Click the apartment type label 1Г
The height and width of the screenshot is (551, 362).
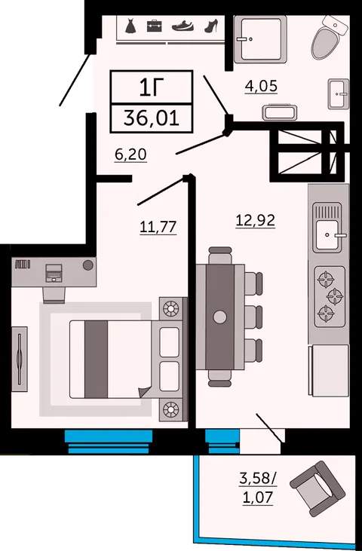pyautogui.click(x=152, y=87)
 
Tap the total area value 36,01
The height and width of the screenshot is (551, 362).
pyautogui.click(x=152, y=118)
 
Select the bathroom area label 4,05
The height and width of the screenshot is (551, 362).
pyautogui.click(x=261, y=86)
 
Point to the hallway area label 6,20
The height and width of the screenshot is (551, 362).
pyautogui.click(x=130, y=155)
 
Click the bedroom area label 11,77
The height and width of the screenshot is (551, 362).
pyautogui.click(x=158, y=227)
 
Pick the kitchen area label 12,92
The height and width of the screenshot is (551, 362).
pyautogui.click(x=256, y=221)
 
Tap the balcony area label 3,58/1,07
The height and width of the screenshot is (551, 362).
pyautogui.click(x=258, y=488)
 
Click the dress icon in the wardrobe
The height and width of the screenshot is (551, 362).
pyautogui.click(x=130, y=26)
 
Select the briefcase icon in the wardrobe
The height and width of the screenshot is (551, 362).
pyautogui.click(x=155, y=26)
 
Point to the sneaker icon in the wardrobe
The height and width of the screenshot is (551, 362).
pyautogui.click(x=183, y=26)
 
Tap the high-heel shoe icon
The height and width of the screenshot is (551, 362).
pyautogui.click(x=211, y=26)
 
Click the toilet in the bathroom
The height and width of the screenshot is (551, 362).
pyautogui.click(x=330, y=37)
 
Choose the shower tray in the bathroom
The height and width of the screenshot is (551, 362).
pyautogui.click(x=260, y=39)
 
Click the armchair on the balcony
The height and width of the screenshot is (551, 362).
pyautogui.click(x=318, y=488)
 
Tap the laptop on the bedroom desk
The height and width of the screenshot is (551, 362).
pyautogui.click(x=54, y=274)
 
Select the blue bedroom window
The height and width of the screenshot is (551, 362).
pyautogui.click(x=109, y=442)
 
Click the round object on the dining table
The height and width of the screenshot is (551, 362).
pyautogui.click(x=220, y=317)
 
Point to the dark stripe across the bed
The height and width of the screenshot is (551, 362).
pyautogui.click(x=96, y=359)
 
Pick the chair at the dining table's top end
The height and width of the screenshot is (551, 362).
pyautogui.click(x=220, y=256)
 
